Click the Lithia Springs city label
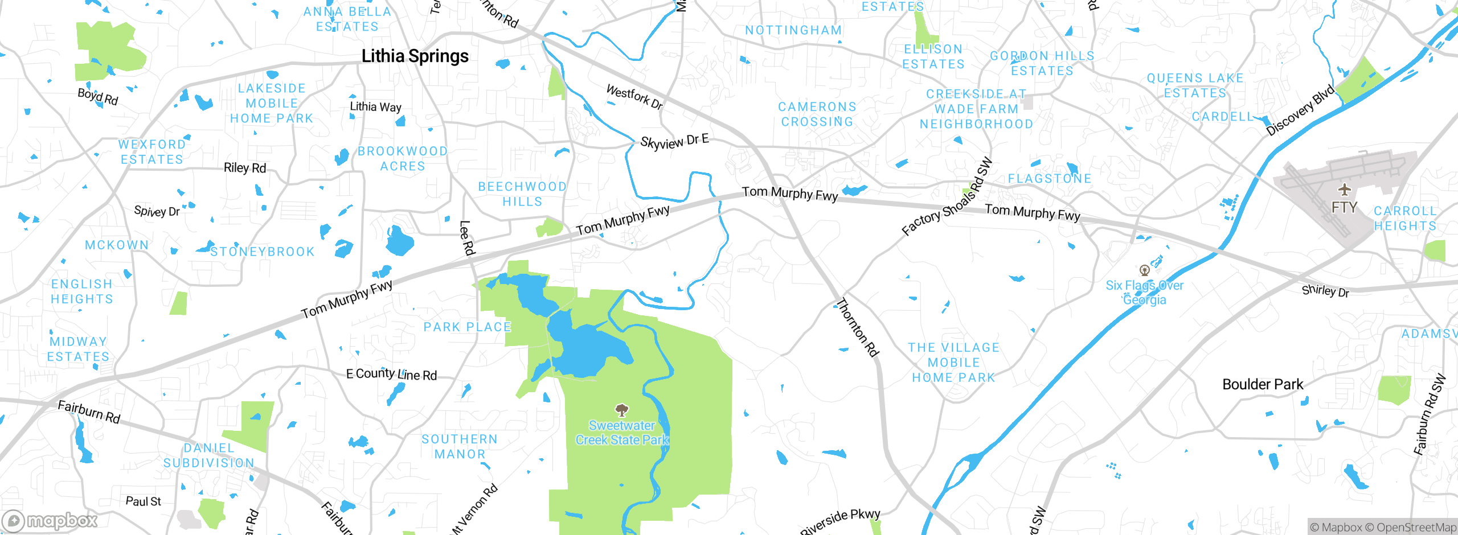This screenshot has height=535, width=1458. (x=415, y=56)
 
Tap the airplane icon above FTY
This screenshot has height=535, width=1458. (x=1344, y=190)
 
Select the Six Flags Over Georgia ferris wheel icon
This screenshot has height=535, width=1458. (x=1144, y=270)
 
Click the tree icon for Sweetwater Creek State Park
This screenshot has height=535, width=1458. (x=622, y=410)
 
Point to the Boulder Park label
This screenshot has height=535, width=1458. (x=1263, y=385)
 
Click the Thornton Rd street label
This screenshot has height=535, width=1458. (x=857, y=327)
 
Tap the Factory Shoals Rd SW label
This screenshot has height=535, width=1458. (x=947, y=197)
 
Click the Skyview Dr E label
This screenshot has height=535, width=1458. (x=674, y=141)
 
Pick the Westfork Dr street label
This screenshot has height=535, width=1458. (x=634, y=97)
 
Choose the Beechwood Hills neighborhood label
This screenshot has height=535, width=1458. (x=522, y=194)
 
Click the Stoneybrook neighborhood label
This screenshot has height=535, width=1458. (x=262, y=252)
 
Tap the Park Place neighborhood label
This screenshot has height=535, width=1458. (x=467, y=327)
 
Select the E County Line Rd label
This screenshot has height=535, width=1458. (x=391, y=374)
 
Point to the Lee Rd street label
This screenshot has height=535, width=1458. (x=467, y=238)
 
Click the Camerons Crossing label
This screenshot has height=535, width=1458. (x=817, y=114)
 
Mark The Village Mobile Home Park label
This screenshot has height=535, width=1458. (x=953, y=363)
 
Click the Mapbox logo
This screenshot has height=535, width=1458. (x=50, y=520)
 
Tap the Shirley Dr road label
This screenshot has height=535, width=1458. (x=1325, y=291)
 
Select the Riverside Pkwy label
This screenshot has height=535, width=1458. (x=840, y=521)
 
